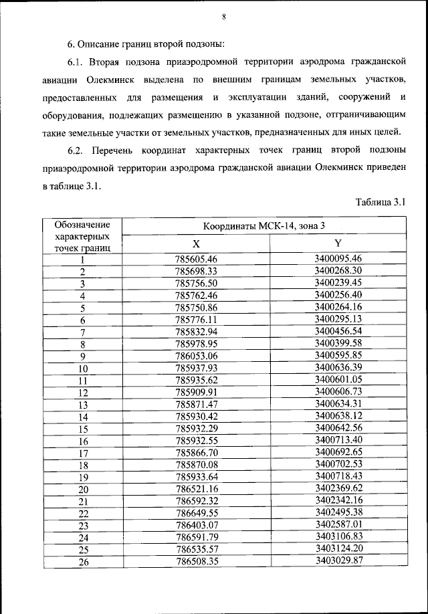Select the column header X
tap(196, 244)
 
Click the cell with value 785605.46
tap(197, 260)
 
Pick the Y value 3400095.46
tap(338, 259)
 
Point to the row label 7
tap(83, 332)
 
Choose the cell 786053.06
tap(197, 356)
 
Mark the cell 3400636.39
tap(338, 367)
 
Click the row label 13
tap(83, 405)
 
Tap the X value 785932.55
tap(197, 441)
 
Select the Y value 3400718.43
tap(338, 476)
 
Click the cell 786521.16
tap(197, 489)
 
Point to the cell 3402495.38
tap(338, 512)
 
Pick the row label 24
tap(83, 537)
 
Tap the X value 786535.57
tap(197, 549)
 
